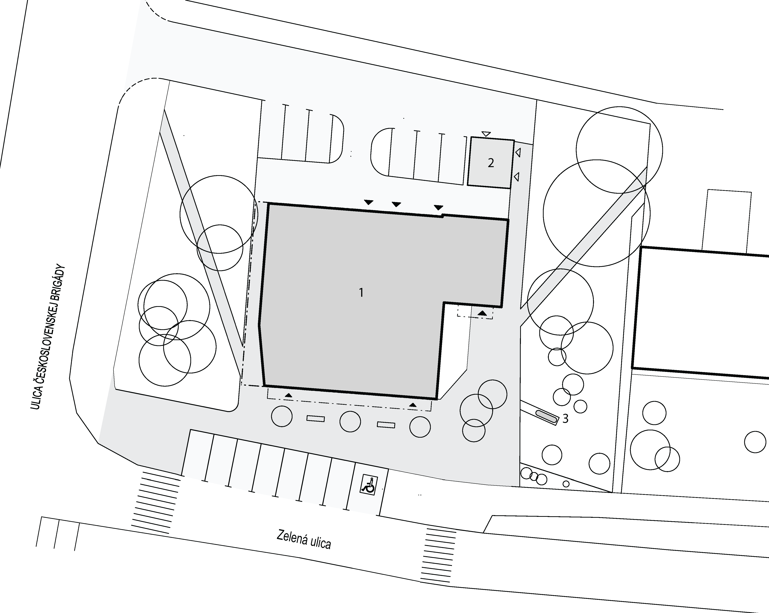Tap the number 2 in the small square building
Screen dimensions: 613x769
click(x=491, y=163)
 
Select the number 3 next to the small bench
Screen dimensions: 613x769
click(x=565, y=419)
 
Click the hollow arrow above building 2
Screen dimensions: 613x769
click(x=486, y=134)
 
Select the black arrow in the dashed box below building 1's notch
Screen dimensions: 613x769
click(x=482, y=313)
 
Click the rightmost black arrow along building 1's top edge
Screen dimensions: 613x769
click(x=438, y=207)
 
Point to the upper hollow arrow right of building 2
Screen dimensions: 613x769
click(x=518, y=153)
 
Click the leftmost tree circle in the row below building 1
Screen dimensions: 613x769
click(x=282, y=416)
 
